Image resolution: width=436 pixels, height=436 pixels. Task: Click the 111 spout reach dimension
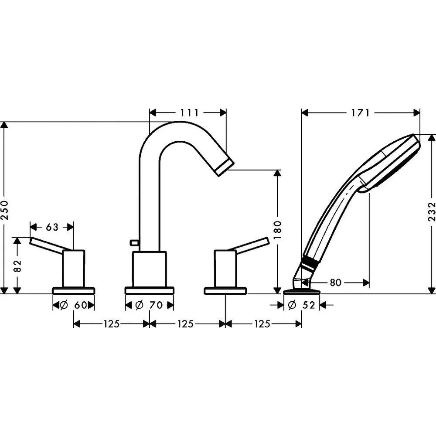(x=189, y=112)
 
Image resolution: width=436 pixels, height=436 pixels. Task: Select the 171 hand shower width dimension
(x=361, y=112)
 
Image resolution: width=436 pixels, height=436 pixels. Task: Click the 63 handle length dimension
(x=52, y=227)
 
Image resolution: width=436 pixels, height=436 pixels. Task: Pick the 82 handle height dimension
(x=17, y=266)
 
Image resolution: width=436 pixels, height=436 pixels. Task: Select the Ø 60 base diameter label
(x=74, y=305)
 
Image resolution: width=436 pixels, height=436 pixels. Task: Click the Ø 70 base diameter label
(x=149, y=305)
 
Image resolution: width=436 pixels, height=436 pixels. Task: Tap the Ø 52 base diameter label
(x=302, y=305)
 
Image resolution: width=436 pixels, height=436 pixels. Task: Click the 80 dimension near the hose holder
(x=335, y=283)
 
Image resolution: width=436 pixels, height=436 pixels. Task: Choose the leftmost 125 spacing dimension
(x=112, y=324)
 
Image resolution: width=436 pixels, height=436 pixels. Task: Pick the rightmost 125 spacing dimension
(x=262, y=324)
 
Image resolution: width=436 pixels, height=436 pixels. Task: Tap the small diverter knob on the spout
(x=134, y=243)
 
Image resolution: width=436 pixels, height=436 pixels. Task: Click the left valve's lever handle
(x=48, y=245)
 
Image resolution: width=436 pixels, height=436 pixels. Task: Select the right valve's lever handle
(x=252, y=245)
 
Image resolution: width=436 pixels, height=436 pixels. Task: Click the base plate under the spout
(x=149, y=291)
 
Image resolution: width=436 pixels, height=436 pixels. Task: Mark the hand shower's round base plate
(x=302, y=292)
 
